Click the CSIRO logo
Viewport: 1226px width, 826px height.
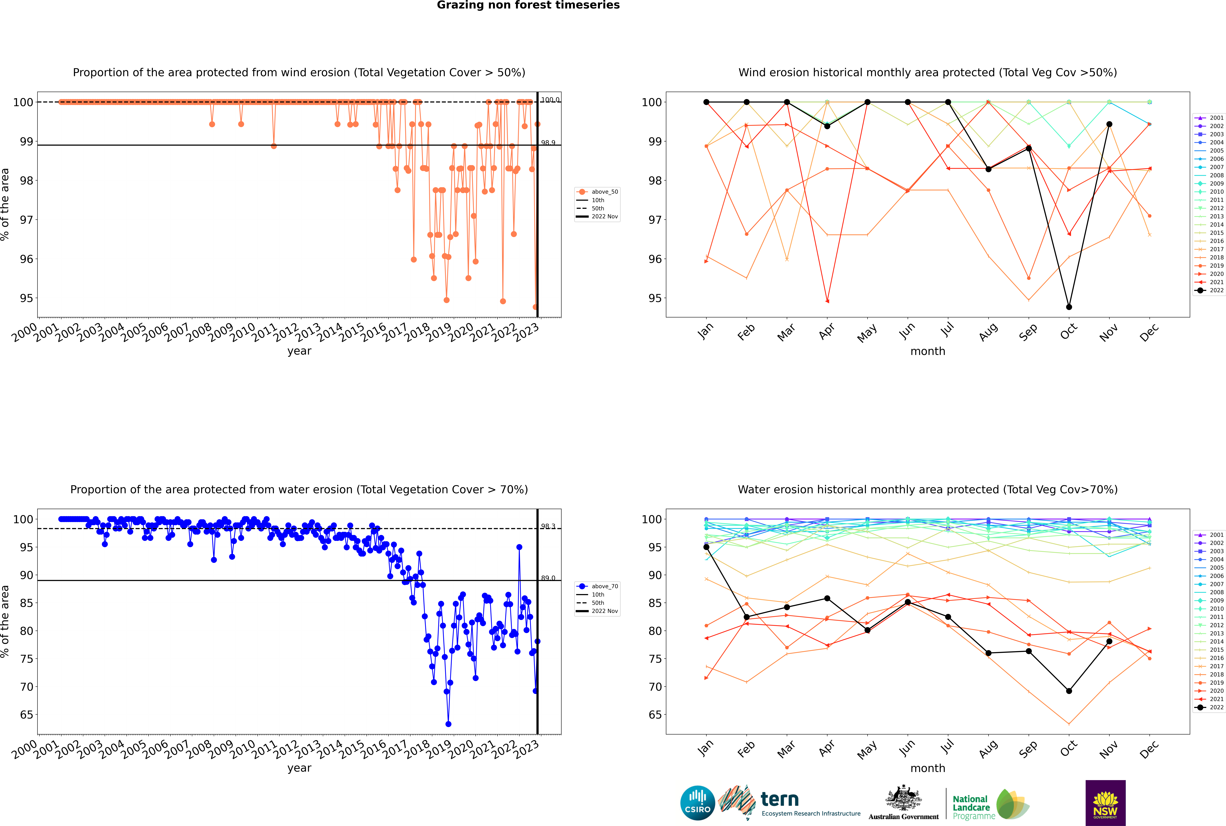tap(697, 803)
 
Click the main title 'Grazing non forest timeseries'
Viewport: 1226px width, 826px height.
tap(528, 5)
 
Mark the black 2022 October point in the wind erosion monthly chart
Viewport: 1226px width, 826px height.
tap(1069, 307)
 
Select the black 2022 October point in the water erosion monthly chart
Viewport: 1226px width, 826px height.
tap(1069, 691)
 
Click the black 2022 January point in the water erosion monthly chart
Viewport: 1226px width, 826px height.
tap(706, 547)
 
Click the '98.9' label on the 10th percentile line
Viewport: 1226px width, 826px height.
tap(548, 143)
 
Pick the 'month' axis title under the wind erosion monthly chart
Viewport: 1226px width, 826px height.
tap(928, 351)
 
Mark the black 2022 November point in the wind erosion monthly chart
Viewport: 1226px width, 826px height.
tap(1109, 124)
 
